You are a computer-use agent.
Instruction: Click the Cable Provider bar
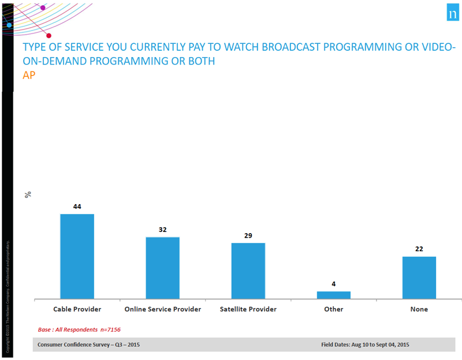tap(77, 257)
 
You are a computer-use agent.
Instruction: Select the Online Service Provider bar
tap(162, 268)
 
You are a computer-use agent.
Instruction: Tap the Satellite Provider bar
tap(248, 271)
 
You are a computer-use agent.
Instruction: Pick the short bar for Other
tap(334, 295)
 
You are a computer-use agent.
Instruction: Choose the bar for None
tap(419, 278)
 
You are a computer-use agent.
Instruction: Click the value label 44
tap(77, 206)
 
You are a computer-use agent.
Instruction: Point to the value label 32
tap(162, 229)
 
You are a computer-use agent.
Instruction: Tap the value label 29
tap(248, 235)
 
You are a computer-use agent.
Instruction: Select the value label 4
tap(334, 283)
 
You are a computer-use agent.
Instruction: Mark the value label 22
tap(419, 249)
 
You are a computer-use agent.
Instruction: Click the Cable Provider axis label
tap(77, 309)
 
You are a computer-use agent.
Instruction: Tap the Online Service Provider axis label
tap(162, 309)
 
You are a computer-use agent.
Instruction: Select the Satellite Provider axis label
tap(248, 309)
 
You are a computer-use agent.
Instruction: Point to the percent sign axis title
tap(28, 194)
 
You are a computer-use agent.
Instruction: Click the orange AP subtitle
tap(29, 75)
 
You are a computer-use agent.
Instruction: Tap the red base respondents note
tap(79, 329)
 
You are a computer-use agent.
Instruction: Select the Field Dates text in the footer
tap(365, 344)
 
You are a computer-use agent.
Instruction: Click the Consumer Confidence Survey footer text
tap(88, 344)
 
